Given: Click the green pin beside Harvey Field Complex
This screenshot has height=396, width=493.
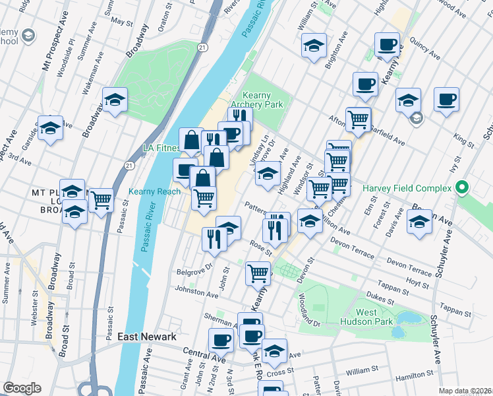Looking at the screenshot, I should (462, 188).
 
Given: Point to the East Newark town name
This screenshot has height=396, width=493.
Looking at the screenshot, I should (146, 337).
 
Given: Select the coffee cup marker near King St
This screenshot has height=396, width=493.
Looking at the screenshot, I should (446, 98).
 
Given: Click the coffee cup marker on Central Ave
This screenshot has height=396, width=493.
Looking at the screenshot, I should (221, 340).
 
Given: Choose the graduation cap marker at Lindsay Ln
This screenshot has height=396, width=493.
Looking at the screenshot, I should (267, 174).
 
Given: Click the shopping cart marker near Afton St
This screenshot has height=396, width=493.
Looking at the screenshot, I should (358, 119).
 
